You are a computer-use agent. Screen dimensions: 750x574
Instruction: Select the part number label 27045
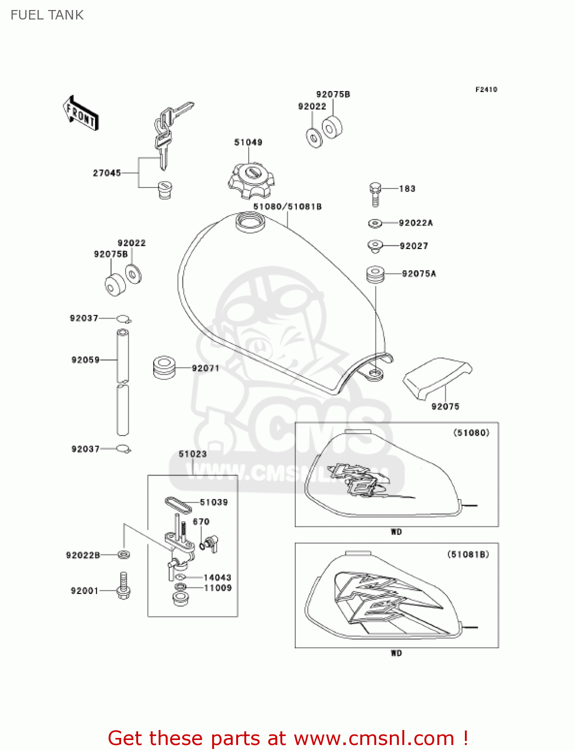pyautogui.click(x=107, y=173)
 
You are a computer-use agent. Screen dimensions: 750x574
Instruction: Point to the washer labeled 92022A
pyautogui.click(x=375, y=223)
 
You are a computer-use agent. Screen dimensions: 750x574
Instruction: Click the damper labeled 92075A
pyautogui.click(x=375, y=274)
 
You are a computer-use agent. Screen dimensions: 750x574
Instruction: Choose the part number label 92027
pyautogui.click(x=414, y=245)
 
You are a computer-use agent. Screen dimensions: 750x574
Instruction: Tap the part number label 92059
pyautogui.click(x=86, y=359)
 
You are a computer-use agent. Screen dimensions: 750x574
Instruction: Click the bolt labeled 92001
pyautogui.click(x=123, y=586)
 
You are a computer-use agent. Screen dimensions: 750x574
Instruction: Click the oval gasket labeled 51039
pyautogui.click(x=178, y=505)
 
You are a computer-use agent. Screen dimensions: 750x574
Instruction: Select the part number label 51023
pyautogui.click(x=193, y=454)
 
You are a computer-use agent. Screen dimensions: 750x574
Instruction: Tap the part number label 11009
pyautogui.click(x=218, y=588)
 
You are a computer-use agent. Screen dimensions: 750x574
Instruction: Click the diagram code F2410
pyautogui.click(x=486, y=89)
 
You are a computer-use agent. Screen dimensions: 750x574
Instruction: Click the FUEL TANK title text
pyautogui.click(x=47, y=15)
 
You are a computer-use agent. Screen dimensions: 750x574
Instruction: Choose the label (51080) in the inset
pyautogui.click(x=471, y=432)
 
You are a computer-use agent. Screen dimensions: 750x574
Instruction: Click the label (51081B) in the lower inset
pyautogui.click(x=468, y=554)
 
